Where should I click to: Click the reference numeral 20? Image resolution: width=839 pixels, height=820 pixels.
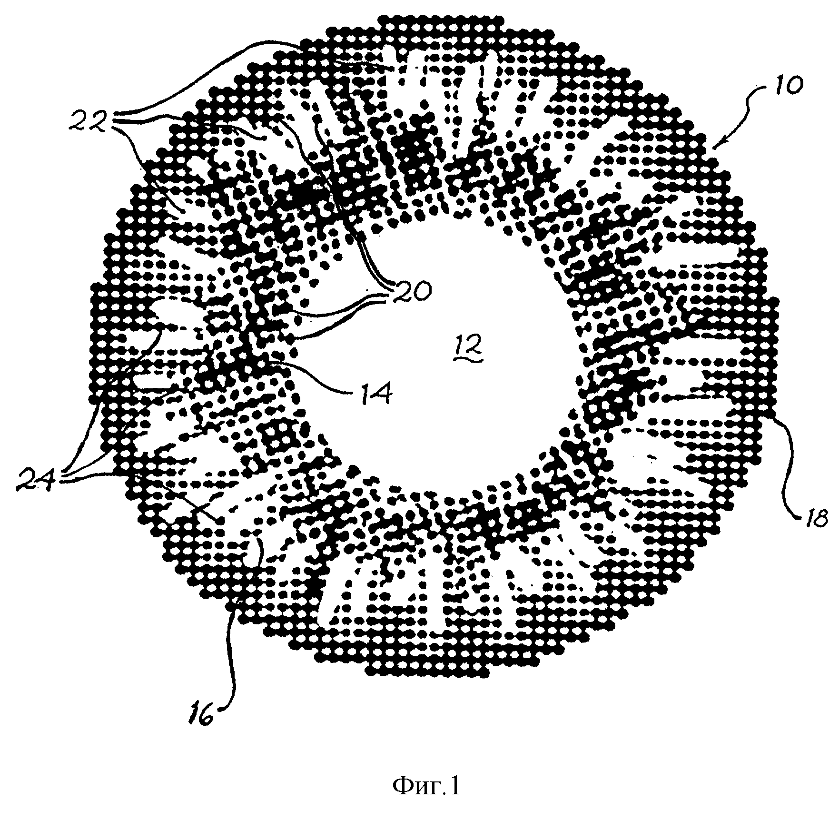pos(409,291)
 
